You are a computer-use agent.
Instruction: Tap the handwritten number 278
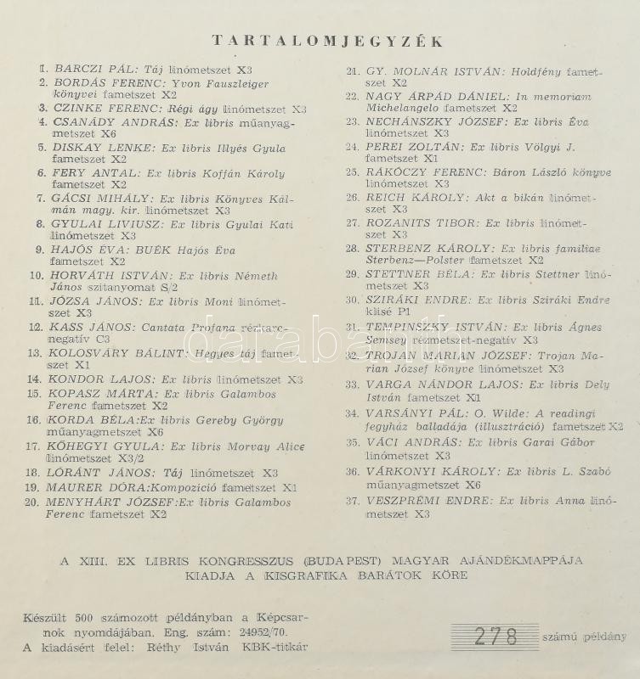[x=496, y=635]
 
